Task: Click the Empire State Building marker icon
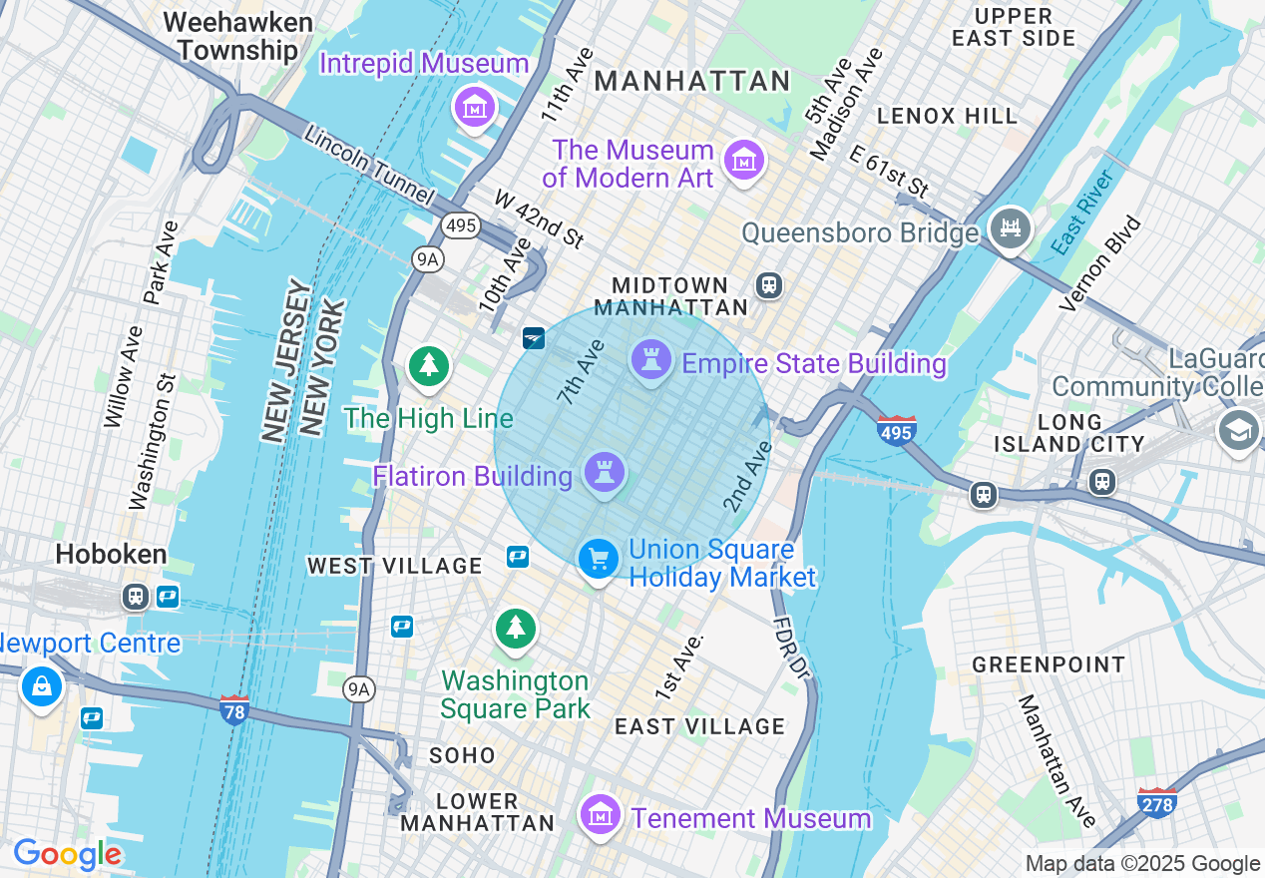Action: coord(650,360)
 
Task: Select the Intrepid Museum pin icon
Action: coord(475,106)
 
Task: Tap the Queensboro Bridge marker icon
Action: coord(1009,228)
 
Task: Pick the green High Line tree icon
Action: coord(429,365)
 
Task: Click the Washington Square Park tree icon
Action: coord(515,629)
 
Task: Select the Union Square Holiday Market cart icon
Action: coord(598,559)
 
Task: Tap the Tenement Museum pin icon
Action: coord(601,816)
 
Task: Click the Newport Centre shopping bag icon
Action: coord(42,687)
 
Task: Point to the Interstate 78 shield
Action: coord(233,710)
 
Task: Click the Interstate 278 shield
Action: coord(1156,801)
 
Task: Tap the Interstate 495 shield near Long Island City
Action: coord(897,430)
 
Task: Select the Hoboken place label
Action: coord(111,555)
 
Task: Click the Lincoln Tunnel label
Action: coord(369,165)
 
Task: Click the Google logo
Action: coord(67,854)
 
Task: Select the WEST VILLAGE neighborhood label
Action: coord(395,566)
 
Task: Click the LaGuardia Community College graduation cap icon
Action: coord(1238,430)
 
